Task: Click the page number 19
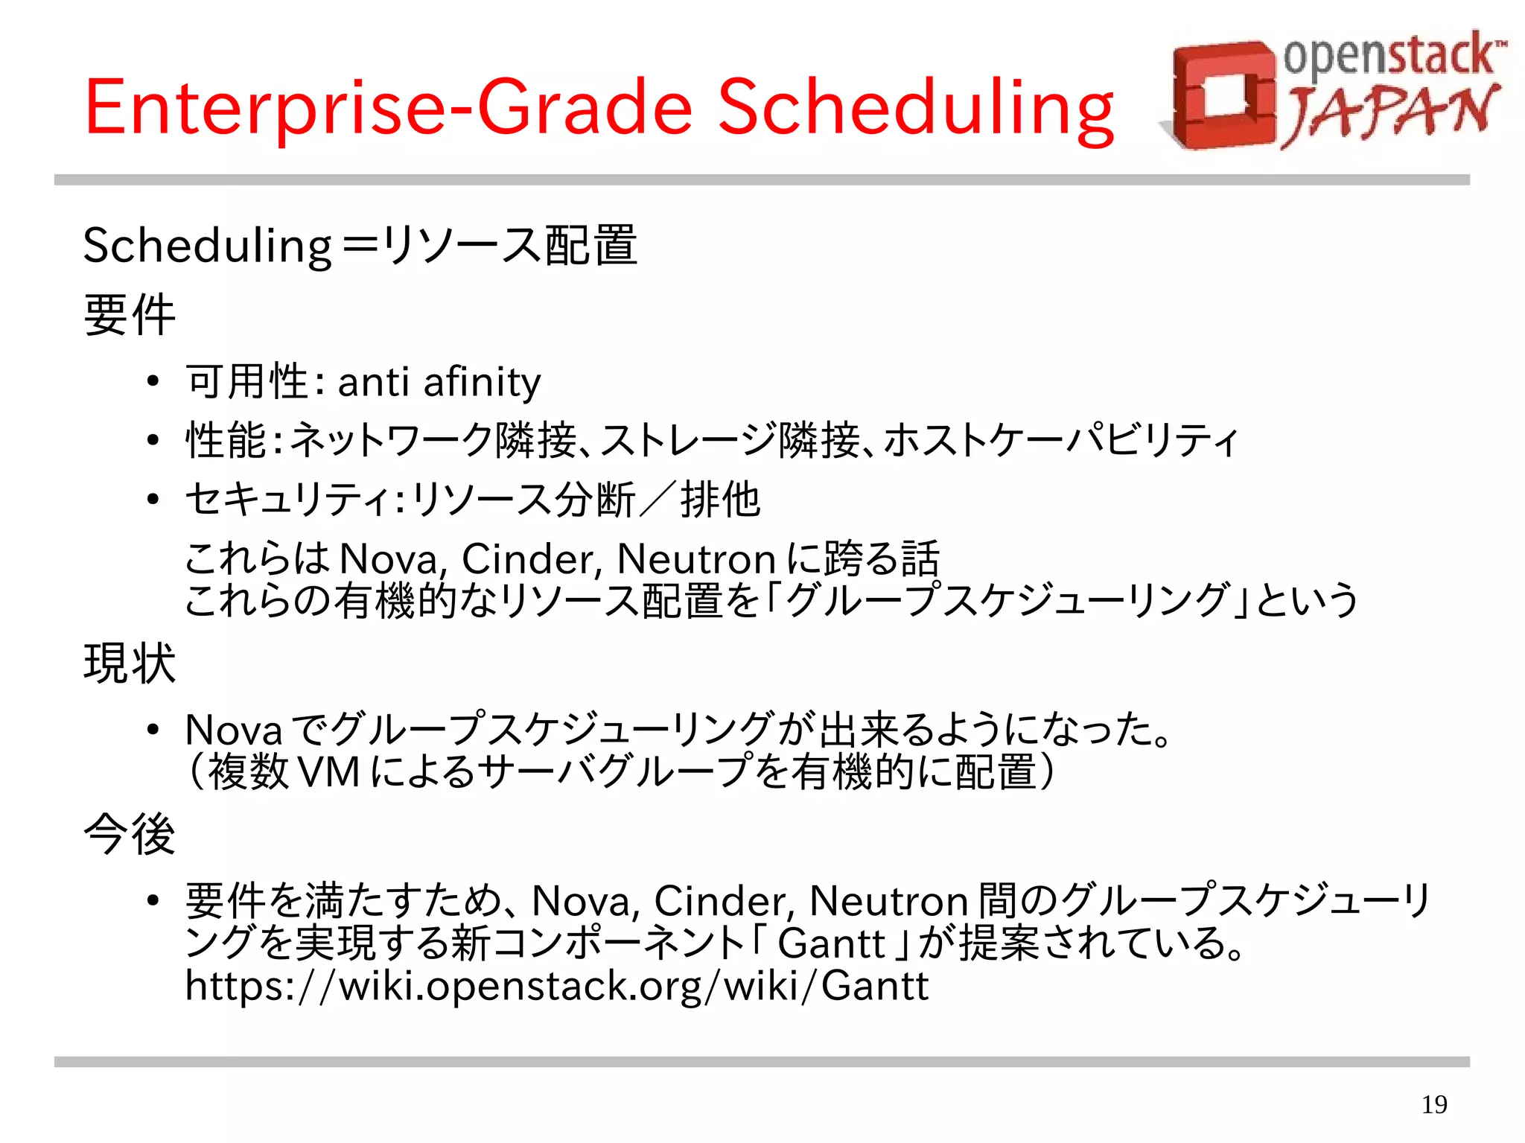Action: (1434, 1104)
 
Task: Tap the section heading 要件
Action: (130, 314)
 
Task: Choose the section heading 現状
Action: (130, 663)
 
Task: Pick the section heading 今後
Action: (130, 833)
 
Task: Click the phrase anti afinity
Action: (439, 382)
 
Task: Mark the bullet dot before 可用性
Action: (153, 383)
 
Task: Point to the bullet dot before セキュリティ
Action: (153, 500)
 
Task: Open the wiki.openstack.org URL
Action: (557, 985)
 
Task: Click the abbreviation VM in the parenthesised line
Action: (328, 772)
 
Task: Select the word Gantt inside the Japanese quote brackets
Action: (832, 943)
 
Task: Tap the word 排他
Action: (720, 500)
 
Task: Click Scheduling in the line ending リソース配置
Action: (207, 245)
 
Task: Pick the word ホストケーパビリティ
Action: (1061, 440)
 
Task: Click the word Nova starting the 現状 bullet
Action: (234, 730)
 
